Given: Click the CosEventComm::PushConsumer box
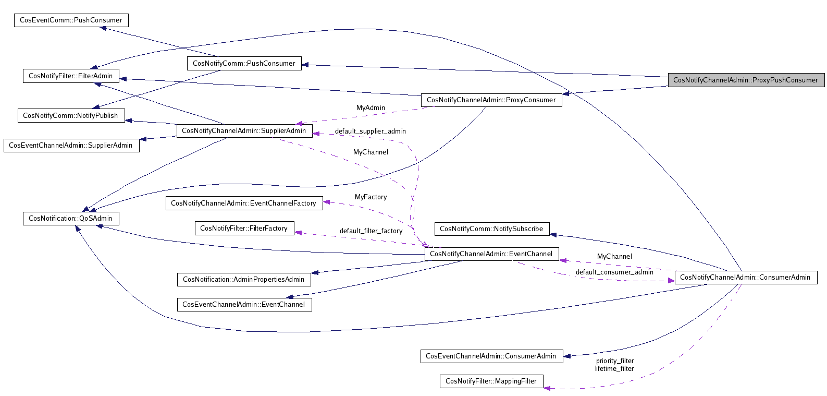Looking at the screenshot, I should [x=71, y=20].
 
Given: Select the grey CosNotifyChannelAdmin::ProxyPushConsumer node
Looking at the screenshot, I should [x=746, y=80].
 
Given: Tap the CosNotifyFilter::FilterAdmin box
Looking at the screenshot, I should [x=71, y=76].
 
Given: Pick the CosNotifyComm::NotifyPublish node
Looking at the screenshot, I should [x=71, y=116].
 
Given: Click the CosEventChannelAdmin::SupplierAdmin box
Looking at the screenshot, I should [x=71, y=146].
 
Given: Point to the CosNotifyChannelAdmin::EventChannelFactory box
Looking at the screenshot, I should [x=243, y=203].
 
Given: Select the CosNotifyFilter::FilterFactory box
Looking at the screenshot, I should [x=243, y=229].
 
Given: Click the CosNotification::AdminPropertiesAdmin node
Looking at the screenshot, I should [x=243, y=280].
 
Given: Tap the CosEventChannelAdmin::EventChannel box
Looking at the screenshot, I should [x=243, y=305].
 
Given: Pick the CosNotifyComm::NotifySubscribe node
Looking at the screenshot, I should [x=491, y=229].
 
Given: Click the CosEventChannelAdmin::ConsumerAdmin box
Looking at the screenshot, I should [x=491, y=356].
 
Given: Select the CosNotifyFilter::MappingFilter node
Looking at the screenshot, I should [x=491, y=381].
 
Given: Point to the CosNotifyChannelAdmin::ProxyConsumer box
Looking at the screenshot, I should [x=491, y=100].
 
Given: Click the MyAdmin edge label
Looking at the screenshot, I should [x=371, y=108].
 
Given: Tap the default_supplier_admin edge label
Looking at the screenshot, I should [x=370, y=131].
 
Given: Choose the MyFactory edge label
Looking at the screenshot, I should [x=371, y=197].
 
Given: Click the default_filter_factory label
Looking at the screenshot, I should [x=371, y=231].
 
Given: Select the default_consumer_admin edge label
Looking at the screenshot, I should [x=614, y=272].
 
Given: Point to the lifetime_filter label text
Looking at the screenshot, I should [x=614, y=369].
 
